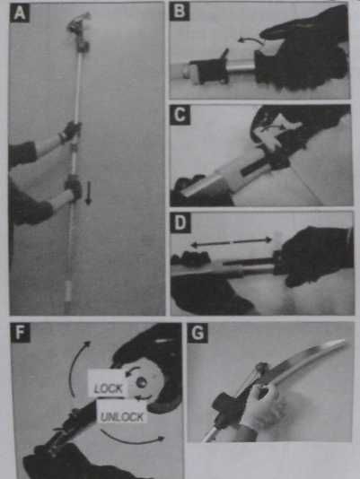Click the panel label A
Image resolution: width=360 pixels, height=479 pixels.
20,13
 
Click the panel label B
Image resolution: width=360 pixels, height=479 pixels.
180,12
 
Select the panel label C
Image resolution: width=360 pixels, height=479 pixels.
180,115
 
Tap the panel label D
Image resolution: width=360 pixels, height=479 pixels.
180,222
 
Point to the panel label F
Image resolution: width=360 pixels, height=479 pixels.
20,333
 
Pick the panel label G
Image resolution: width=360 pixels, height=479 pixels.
198,333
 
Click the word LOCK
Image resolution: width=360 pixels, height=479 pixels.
108,388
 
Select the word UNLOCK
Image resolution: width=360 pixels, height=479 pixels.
122,417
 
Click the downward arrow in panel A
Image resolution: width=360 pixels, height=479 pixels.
88,193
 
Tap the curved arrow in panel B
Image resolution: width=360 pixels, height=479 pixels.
250,40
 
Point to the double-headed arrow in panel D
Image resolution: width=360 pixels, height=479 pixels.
232,242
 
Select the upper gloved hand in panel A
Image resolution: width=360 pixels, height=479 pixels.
71,131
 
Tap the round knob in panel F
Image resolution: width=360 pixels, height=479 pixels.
141,382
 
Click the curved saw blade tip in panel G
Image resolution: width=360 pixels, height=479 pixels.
345,341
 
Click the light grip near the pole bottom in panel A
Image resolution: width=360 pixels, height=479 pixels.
68,291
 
